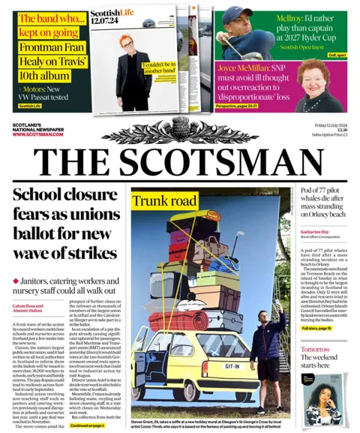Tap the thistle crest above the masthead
click(180, 131)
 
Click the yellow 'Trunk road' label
click(164, 200)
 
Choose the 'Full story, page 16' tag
click(316, 329)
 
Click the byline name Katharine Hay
click(318, 232)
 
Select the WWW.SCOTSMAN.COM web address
click(38, 134)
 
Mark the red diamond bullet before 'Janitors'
click(16, 281)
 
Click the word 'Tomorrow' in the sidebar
click(315, 350)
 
